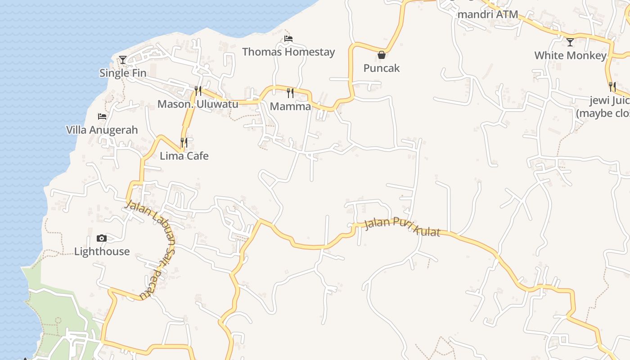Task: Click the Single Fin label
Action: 123,73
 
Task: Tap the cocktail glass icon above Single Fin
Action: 123,59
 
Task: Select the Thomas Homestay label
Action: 288,52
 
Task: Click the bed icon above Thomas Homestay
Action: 288,39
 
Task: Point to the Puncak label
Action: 382,68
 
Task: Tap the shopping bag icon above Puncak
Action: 382,55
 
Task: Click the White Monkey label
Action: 570,55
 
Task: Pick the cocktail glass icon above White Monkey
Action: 570,42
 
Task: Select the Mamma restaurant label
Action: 290,106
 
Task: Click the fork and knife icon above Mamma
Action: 290,93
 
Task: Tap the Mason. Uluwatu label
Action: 198,104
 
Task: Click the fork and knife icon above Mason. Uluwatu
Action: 198,91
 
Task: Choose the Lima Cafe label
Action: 184,156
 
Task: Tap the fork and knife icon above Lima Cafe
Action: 184,143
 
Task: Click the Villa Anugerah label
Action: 102,130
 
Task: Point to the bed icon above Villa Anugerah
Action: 102,117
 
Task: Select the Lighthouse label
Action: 102,251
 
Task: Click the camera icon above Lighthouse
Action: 102,238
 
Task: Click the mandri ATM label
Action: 487,14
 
